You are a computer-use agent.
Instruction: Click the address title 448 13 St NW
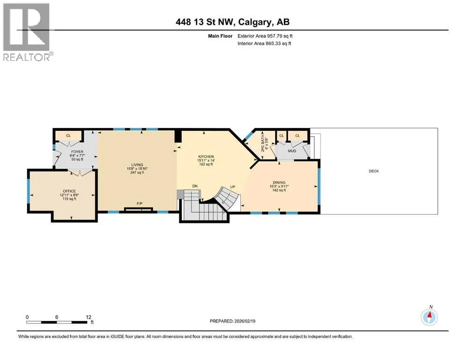205,22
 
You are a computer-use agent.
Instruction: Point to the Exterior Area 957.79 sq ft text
265,36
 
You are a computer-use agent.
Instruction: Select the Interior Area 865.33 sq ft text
264,43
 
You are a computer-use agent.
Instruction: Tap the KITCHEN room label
206,157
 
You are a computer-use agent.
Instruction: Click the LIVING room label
137,165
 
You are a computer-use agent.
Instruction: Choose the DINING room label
279,182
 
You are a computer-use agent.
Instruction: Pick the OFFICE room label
69,191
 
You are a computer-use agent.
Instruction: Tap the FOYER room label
77,152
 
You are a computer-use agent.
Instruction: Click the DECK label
374,171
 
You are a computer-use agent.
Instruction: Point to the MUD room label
292,151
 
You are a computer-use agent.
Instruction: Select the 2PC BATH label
262,144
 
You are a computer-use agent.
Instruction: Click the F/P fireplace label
140,203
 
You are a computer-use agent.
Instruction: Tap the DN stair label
195,186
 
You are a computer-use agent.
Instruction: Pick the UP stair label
232,187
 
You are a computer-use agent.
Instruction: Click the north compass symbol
429,317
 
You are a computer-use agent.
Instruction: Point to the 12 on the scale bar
89,317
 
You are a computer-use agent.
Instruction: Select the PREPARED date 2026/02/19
244,321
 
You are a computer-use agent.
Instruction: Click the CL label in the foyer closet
68,135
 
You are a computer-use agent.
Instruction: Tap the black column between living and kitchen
177,136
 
